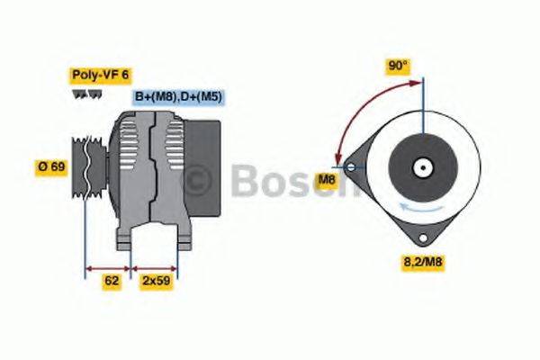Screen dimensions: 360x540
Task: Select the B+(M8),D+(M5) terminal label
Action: coord(179,96)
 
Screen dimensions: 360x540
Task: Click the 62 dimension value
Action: coord(112,281)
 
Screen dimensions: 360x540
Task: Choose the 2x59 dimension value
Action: coord(156,281)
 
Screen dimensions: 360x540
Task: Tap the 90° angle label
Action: coord(397,66)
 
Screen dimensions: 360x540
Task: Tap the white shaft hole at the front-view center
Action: coord(420,167)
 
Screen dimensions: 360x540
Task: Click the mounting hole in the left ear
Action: coord(348,166)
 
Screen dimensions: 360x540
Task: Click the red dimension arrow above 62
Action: coord(109,267)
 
